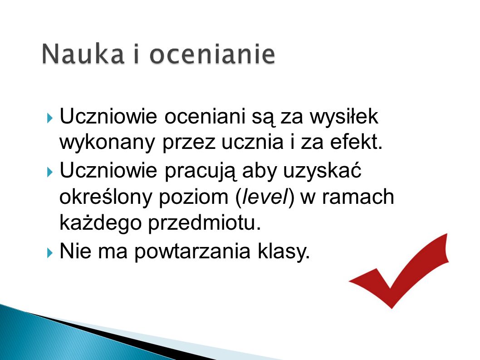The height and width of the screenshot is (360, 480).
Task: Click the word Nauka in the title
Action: tap(83, 54)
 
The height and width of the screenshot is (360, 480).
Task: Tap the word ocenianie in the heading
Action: tap(212, 54)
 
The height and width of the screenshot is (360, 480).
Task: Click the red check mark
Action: tap(399, 271)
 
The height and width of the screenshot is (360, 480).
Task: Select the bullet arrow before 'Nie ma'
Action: tap(50, 253)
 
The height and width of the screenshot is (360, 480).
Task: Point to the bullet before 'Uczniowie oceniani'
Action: tap(50, 118)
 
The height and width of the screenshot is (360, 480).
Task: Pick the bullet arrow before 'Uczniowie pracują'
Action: tap(50, 172)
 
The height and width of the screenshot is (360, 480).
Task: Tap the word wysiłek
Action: tap(344, 116)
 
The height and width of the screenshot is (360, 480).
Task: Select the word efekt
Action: tap(356, 143)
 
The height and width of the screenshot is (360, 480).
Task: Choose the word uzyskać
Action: tap(322, 170)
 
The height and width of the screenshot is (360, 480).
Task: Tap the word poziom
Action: tap(193, 197)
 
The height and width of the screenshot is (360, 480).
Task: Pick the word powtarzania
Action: tap(192, 252)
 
